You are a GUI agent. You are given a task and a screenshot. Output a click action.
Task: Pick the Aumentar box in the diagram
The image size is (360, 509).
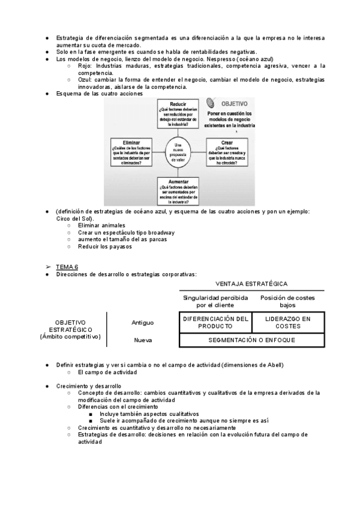coord(178,191)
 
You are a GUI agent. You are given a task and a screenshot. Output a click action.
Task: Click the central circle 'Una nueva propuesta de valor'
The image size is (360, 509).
coord(178,150)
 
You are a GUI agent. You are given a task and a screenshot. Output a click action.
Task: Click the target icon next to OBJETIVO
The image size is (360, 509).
coord(212,103)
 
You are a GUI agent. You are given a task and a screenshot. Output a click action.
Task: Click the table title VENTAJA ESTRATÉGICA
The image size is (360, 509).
coord(251,283)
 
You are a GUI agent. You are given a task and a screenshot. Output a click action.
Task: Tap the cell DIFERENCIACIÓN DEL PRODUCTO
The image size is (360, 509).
coord(215,322)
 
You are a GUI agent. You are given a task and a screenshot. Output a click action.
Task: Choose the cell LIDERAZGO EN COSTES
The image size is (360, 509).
coord(288,322)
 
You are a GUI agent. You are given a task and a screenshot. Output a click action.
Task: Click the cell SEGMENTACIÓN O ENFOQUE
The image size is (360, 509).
coord(251,340)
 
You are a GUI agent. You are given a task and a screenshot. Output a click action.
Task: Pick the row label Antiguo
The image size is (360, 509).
coord(143,322)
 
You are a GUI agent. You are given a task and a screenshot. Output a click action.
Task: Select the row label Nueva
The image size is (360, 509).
coord(142,340)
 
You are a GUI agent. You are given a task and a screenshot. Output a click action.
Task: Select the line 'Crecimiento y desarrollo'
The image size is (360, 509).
coord(88,386)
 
